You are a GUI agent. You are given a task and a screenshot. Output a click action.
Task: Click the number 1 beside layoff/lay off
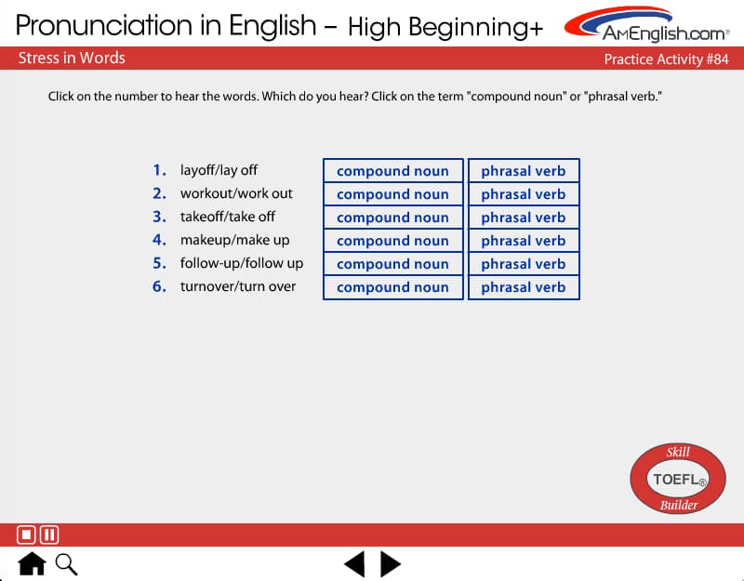tap(159, 170)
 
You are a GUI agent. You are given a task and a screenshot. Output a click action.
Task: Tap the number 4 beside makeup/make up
tap(159, 240)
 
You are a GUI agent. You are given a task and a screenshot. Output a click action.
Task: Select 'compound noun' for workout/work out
tap(392, 194)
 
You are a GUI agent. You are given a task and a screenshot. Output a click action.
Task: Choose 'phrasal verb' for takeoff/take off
tap(524, 218)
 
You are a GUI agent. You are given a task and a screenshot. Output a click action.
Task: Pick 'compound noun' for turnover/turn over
tap(392, 287)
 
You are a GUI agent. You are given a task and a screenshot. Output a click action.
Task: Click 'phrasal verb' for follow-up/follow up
tap(524, 264)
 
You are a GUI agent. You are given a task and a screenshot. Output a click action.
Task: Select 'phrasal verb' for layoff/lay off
tap(524, 171)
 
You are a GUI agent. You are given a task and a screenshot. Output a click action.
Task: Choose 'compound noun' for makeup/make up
tap(392, 241)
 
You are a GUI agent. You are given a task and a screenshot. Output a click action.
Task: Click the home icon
tap(32, 563)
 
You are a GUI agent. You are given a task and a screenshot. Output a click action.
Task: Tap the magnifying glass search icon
tap(66, 564)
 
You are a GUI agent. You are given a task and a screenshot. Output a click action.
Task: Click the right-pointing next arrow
tap(391, 564)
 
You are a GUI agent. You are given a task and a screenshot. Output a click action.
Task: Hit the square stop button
tap(26, 535)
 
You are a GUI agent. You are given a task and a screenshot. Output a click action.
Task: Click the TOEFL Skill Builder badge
tap(678, 479)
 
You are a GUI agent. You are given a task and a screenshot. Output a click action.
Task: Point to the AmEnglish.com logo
tap(646, 24)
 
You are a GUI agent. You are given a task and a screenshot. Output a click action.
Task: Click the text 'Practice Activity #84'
tap(666, 59)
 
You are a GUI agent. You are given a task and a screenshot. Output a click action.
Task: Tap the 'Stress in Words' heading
tap(72, 58)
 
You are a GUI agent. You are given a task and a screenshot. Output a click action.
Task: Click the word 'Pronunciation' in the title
tap(105, 25)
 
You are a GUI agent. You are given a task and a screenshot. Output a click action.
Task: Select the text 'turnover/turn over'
tap(238, 286)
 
